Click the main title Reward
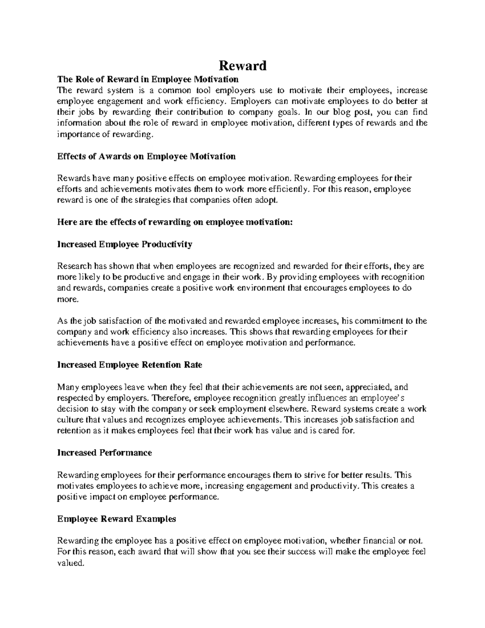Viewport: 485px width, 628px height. click(x=242, y=65)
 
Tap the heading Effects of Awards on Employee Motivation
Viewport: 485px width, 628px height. click(x=146, y=156)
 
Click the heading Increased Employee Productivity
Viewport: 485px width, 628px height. click(x=124, y=244)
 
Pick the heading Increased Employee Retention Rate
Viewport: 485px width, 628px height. click(x=129, y=365)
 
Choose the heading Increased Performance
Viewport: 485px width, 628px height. click(x=105, y=452)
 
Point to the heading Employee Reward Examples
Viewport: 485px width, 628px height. click(x=116, y=519)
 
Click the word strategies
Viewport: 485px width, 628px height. click(x=152, y=200)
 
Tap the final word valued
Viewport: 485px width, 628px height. click(x=71, y=563)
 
